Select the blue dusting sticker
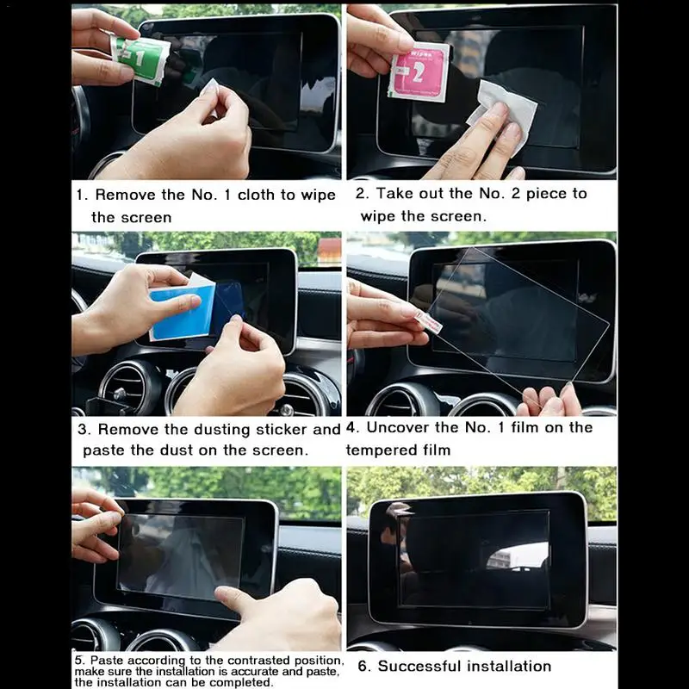point(183,311)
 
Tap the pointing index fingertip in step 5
point(223,594)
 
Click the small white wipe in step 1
point(209,87)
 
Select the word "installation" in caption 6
point(509,666)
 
